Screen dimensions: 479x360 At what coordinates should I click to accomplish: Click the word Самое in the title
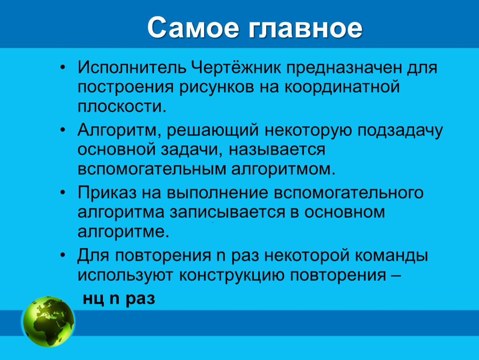tap(193, 28)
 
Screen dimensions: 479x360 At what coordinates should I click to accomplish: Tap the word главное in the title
tap(306, 28)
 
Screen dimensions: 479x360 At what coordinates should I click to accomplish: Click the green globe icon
tap(49, 321)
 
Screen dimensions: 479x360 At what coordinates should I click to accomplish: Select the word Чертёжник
tap(236, 67)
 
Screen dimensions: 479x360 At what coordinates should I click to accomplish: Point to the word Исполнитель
tap(132, 67)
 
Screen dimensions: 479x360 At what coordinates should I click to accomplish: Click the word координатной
tap(342, 87)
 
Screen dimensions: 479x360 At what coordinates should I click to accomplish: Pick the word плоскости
tap(122, 107)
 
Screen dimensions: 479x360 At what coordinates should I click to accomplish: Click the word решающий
tap(213, 130)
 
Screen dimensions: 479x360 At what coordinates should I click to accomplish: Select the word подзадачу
tap(400, 130)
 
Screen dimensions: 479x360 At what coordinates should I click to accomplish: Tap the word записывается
tap(227, 212)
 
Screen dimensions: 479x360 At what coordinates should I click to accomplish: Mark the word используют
tap(126, 275)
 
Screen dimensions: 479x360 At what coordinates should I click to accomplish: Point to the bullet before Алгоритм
tap(62, 130)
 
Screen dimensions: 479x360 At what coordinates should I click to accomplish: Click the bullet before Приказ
tap(62, 192)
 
